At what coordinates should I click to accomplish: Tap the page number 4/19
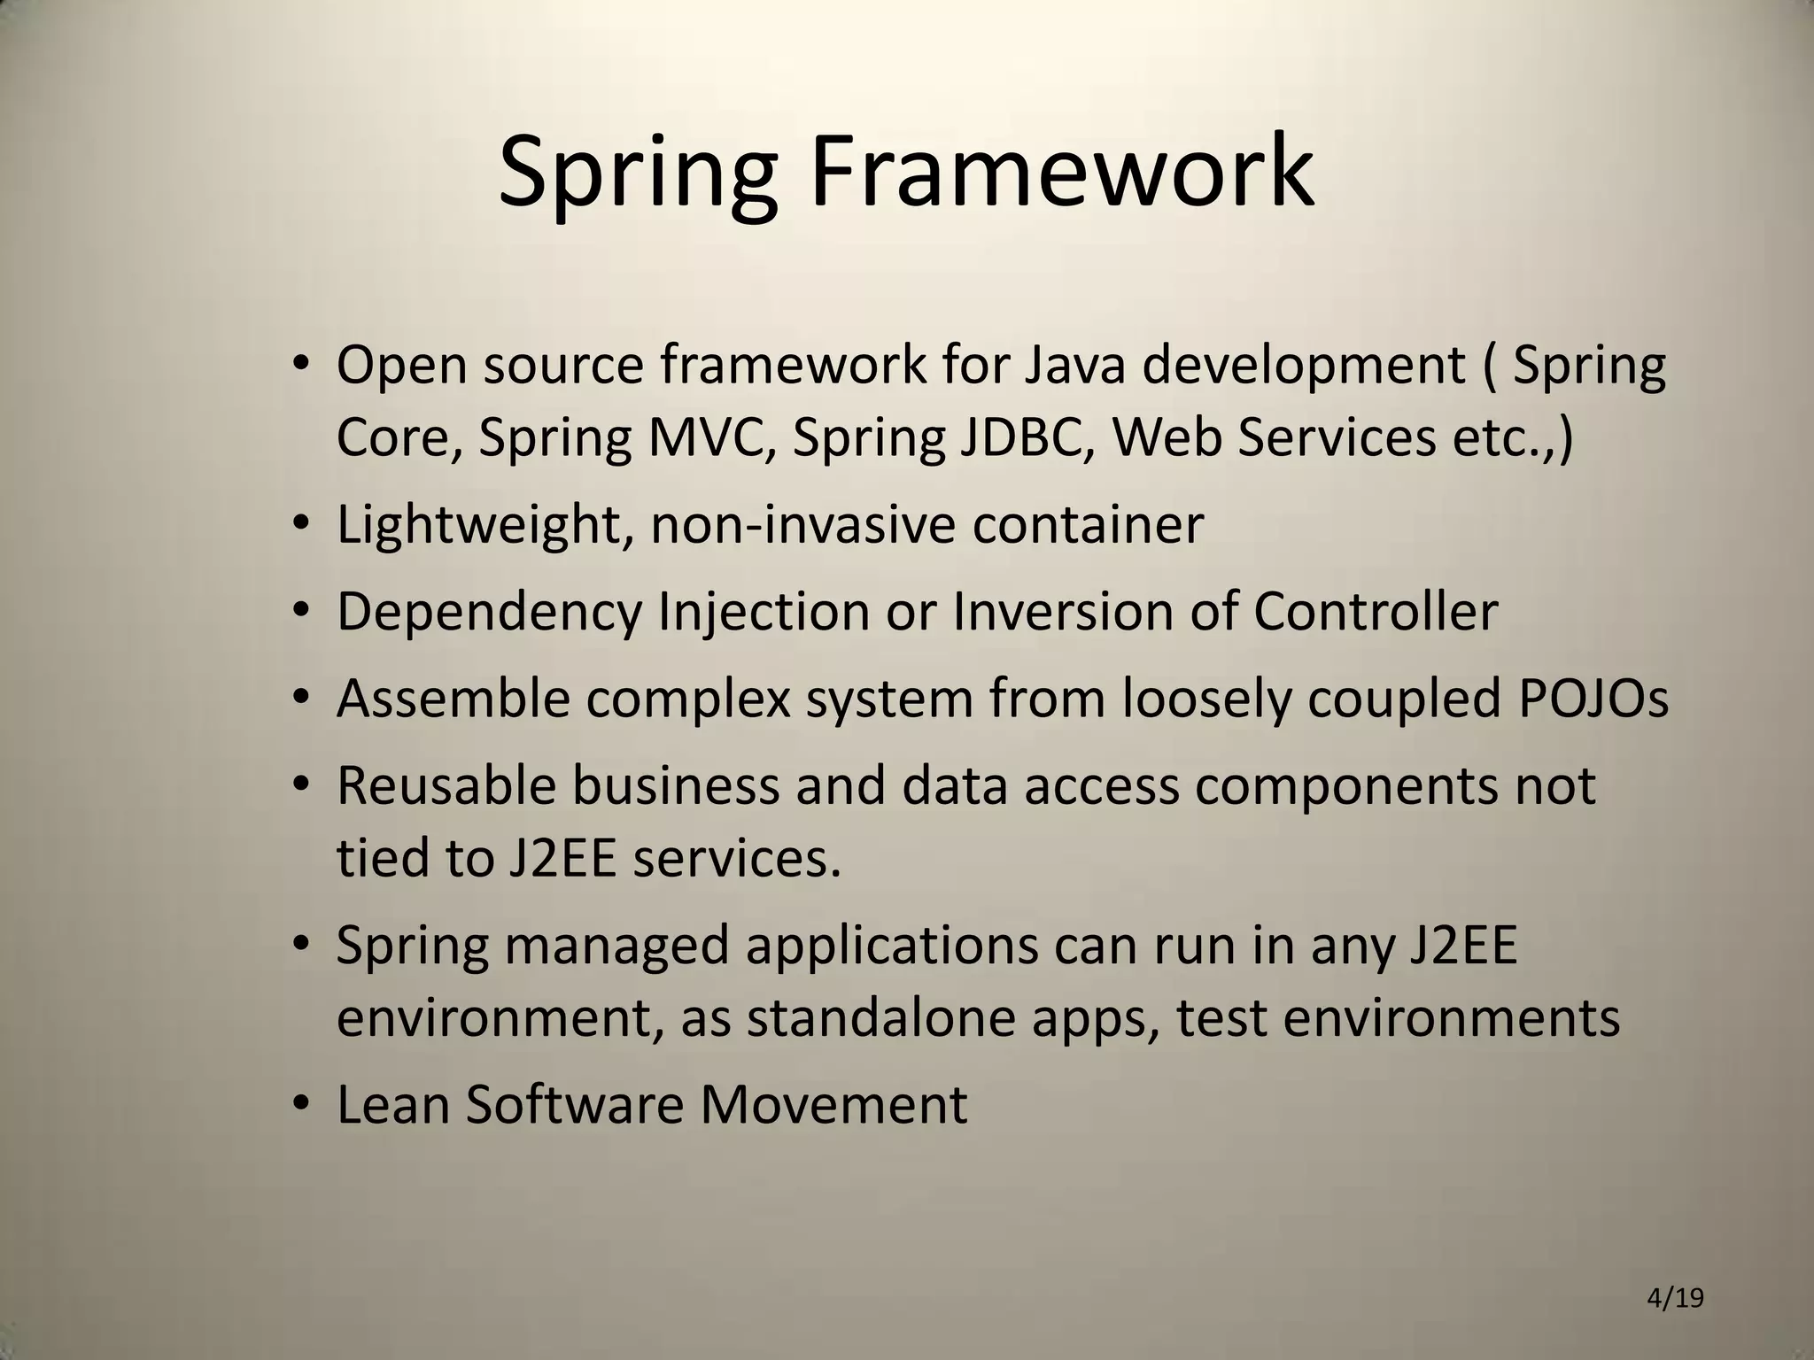[x=1675, y=1299]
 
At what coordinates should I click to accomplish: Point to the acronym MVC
[x=710, y=437]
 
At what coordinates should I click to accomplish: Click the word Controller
[x=1375, y=611]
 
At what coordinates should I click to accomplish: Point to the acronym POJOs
[x=1593, y=699]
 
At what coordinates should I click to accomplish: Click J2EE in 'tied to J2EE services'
[x=562, y=858]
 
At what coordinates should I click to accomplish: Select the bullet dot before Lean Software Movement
[x=301, y=1103]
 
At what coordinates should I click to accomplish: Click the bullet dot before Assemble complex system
[x=301, y=697]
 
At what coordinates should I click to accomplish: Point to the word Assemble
[x=453, y=699]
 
